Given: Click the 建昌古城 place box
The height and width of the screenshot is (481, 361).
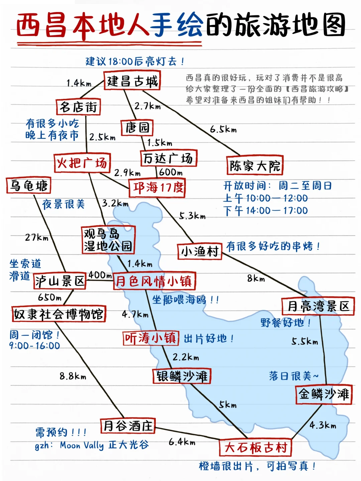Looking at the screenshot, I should tap(132, 81).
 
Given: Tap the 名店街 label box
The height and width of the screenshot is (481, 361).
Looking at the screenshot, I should tap(78, 107).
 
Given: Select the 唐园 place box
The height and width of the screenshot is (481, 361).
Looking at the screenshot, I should tap(137, 128).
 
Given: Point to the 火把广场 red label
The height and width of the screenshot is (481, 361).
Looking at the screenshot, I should tap(82, 163).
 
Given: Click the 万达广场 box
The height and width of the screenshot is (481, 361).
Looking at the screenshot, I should tap(168, 158).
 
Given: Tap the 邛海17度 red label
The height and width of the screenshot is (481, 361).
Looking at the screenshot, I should tap(157, 188).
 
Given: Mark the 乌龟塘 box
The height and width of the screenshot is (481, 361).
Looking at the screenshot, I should tap(29, 186).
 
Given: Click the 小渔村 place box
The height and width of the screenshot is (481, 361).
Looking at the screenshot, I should tap(200, 251).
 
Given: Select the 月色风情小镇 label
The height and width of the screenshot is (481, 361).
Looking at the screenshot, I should tap(154, 281).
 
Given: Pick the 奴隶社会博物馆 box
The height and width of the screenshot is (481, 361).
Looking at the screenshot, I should tap(58, 314).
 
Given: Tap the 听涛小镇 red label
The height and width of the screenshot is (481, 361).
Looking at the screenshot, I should tap(150, 338).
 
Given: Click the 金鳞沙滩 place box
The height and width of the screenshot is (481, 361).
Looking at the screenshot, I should tap(324, 394).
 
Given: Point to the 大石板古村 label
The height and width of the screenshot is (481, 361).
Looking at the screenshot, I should tap(255, 448).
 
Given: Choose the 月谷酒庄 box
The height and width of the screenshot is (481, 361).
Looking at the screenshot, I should tap(128, 426).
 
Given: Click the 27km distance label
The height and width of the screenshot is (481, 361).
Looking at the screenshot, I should tap(37, 237).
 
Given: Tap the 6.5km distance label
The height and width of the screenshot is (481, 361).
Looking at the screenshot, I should tap(223, 129).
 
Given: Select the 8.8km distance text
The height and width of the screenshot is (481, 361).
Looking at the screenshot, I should tap(73, 376).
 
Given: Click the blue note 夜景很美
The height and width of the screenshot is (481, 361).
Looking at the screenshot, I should tap(64, 204).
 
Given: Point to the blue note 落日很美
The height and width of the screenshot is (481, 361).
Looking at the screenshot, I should tap(293, 376).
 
